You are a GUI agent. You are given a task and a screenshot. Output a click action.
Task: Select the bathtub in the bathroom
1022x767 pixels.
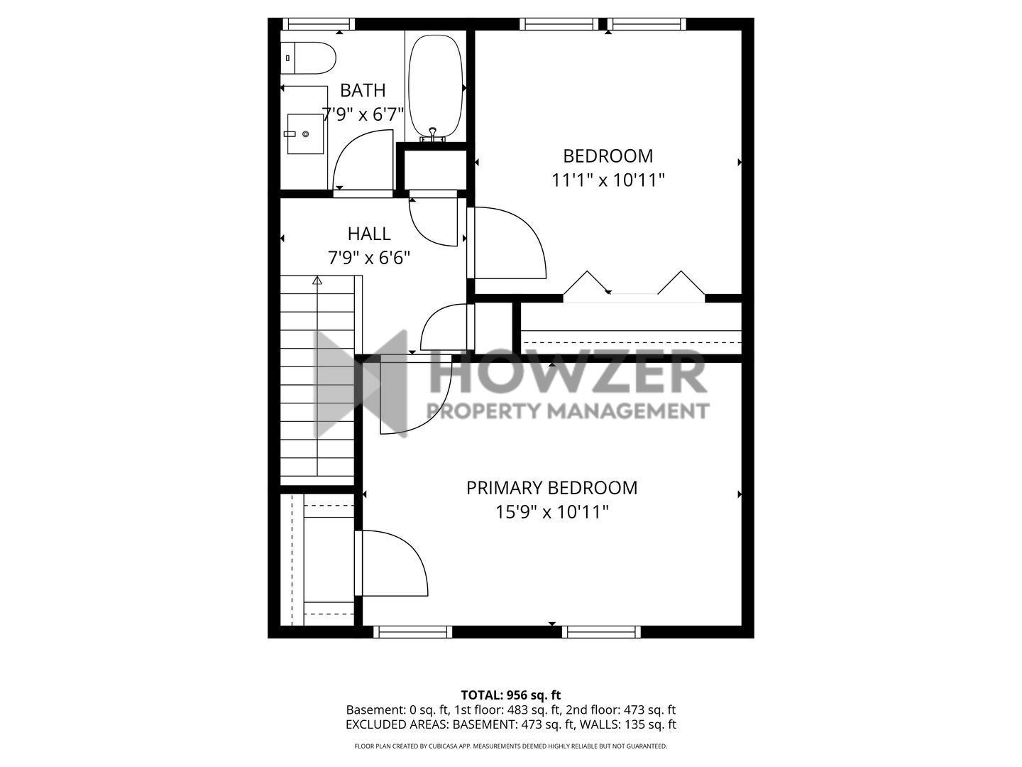(x=436, y=87)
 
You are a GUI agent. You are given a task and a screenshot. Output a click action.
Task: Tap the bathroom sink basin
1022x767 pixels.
(x=305, y=134)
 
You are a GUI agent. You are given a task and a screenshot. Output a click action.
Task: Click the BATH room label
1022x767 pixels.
(x=363, y=90)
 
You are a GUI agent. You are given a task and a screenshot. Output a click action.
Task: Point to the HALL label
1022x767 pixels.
(x=369, y=234)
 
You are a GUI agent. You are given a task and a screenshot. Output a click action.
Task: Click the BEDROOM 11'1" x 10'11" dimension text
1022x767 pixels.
(x=608, y=180)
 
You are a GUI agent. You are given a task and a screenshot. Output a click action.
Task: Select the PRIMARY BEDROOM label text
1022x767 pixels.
(x=551, y=488)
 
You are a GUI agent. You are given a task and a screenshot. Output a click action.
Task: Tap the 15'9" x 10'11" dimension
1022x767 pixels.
(x=551, y=512)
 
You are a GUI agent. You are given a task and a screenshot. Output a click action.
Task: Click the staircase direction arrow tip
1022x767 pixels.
(x=317, y=277)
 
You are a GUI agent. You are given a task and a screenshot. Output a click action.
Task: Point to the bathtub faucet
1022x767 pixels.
(x=433, y=134)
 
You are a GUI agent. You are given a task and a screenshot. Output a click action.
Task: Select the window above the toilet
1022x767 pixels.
(x=319, y=23)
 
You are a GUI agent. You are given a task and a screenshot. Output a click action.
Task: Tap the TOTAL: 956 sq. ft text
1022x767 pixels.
(x=511, y=695)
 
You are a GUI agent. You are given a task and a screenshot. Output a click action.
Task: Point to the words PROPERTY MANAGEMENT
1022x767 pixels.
(x=568, y=411)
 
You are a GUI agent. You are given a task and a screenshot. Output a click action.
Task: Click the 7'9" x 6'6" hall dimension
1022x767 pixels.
(x=369, y=258)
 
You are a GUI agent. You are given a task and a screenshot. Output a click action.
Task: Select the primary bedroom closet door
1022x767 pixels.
(x=390, y=563)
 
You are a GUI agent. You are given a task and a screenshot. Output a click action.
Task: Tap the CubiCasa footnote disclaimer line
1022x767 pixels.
(x=511, y=746)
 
